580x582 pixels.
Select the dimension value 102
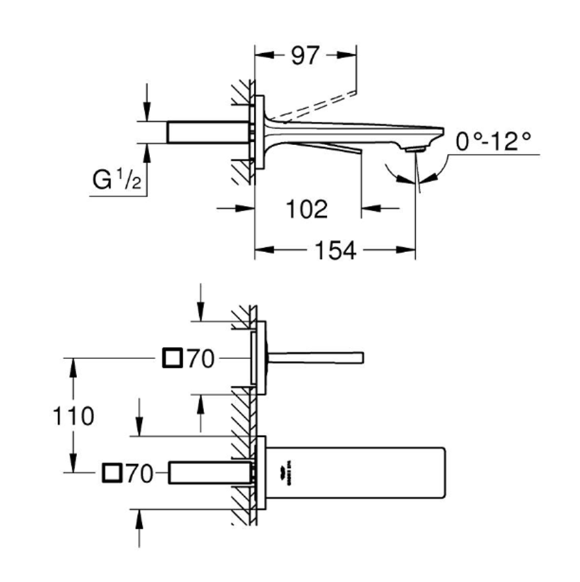point(306,209)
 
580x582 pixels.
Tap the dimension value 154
point(334,251)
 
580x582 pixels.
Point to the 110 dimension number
point(72,415)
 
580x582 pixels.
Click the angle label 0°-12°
point(493,142)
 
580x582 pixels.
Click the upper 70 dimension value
point(201,358)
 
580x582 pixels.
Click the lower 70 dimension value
point(139,473)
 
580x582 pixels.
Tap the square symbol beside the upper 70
point(173,358)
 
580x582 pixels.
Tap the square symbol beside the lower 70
point(112,473)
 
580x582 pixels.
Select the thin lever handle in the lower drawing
point(316,357)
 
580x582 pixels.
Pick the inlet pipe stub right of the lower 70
point(209,473)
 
